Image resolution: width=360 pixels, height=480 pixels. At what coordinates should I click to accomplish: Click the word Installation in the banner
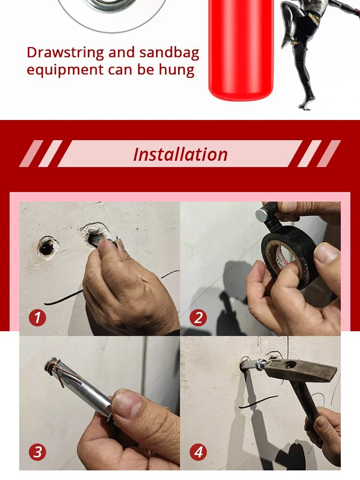coord(180,154)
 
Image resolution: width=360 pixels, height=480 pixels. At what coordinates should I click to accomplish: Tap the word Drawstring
coord(65,53)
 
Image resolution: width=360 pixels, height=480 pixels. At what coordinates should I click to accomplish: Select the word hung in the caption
coord(177,70)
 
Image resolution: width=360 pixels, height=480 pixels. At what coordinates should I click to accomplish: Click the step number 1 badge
coord(37,317)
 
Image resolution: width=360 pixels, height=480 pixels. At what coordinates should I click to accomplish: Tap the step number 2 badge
coord(198,317)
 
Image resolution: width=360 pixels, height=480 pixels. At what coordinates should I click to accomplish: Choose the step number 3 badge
coord(37,452)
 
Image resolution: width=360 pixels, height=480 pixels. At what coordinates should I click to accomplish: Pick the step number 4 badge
coord(198,452)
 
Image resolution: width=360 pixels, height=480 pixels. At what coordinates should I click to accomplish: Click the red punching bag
coord(240,49)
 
